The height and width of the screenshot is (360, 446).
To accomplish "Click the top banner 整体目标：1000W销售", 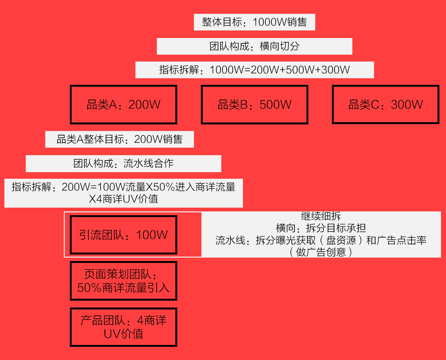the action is pos(254,22).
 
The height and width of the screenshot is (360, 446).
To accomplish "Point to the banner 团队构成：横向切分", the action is pos(254,46).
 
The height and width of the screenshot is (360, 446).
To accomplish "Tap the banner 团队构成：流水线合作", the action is pos(124,163).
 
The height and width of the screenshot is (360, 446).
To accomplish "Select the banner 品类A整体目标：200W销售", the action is pos(119,139).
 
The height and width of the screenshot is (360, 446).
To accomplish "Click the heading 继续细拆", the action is pos(321,216).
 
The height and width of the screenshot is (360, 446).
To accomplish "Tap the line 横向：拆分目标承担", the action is pos(321,228).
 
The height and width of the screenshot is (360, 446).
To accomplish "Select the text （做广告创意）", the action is pos(321,252).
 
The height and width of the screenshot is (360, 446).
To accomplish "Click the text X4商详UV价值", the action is pos(124,199).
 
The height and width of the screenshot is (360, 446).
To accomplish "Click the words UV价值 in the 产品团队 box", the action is pos(124,334).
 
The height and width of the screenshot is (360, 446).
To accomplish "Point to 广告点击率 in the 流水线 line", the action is pos(401,240).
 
